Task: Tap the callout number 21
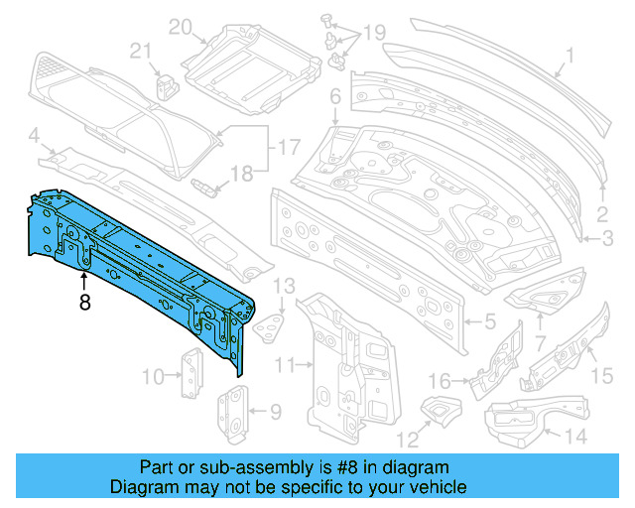pos(141,51)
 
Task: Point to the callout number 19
pos(373,35)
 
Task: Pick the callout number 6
pos(335,96)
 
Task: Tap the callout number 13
pos(285,288)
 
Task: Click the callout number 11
pos(285,366)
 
